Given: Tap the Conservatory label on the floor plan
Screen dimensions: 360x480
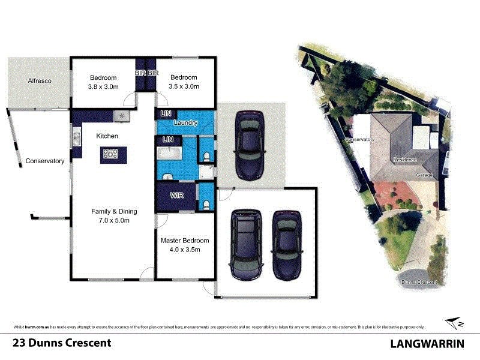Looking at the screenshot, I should [44, 161].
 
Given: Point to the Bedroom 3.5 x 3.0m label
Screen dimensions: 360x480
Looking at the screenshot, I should [184, 82].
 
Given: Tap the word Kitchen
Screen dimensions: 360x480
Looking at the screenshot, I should [107, 136].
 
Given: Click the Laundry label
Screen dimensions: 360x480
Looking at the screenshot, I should [185, 123].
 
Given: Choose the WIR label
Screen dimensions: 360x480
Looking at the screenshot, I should [177, 196].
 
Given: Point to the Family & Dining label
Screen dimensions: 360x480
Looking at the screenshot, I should [114, 215].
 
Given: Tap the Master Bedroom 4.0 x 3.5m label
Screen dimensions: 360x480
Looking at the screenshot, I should [184, 245].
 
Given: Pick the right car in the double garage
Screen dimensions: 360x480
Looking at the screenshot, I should [286, 245].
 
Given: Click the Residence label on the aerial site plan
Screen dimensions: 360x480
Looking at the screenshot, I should [404, 160].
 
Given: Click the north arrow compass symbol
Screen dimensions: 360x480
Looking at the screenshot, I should [455, 323].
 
